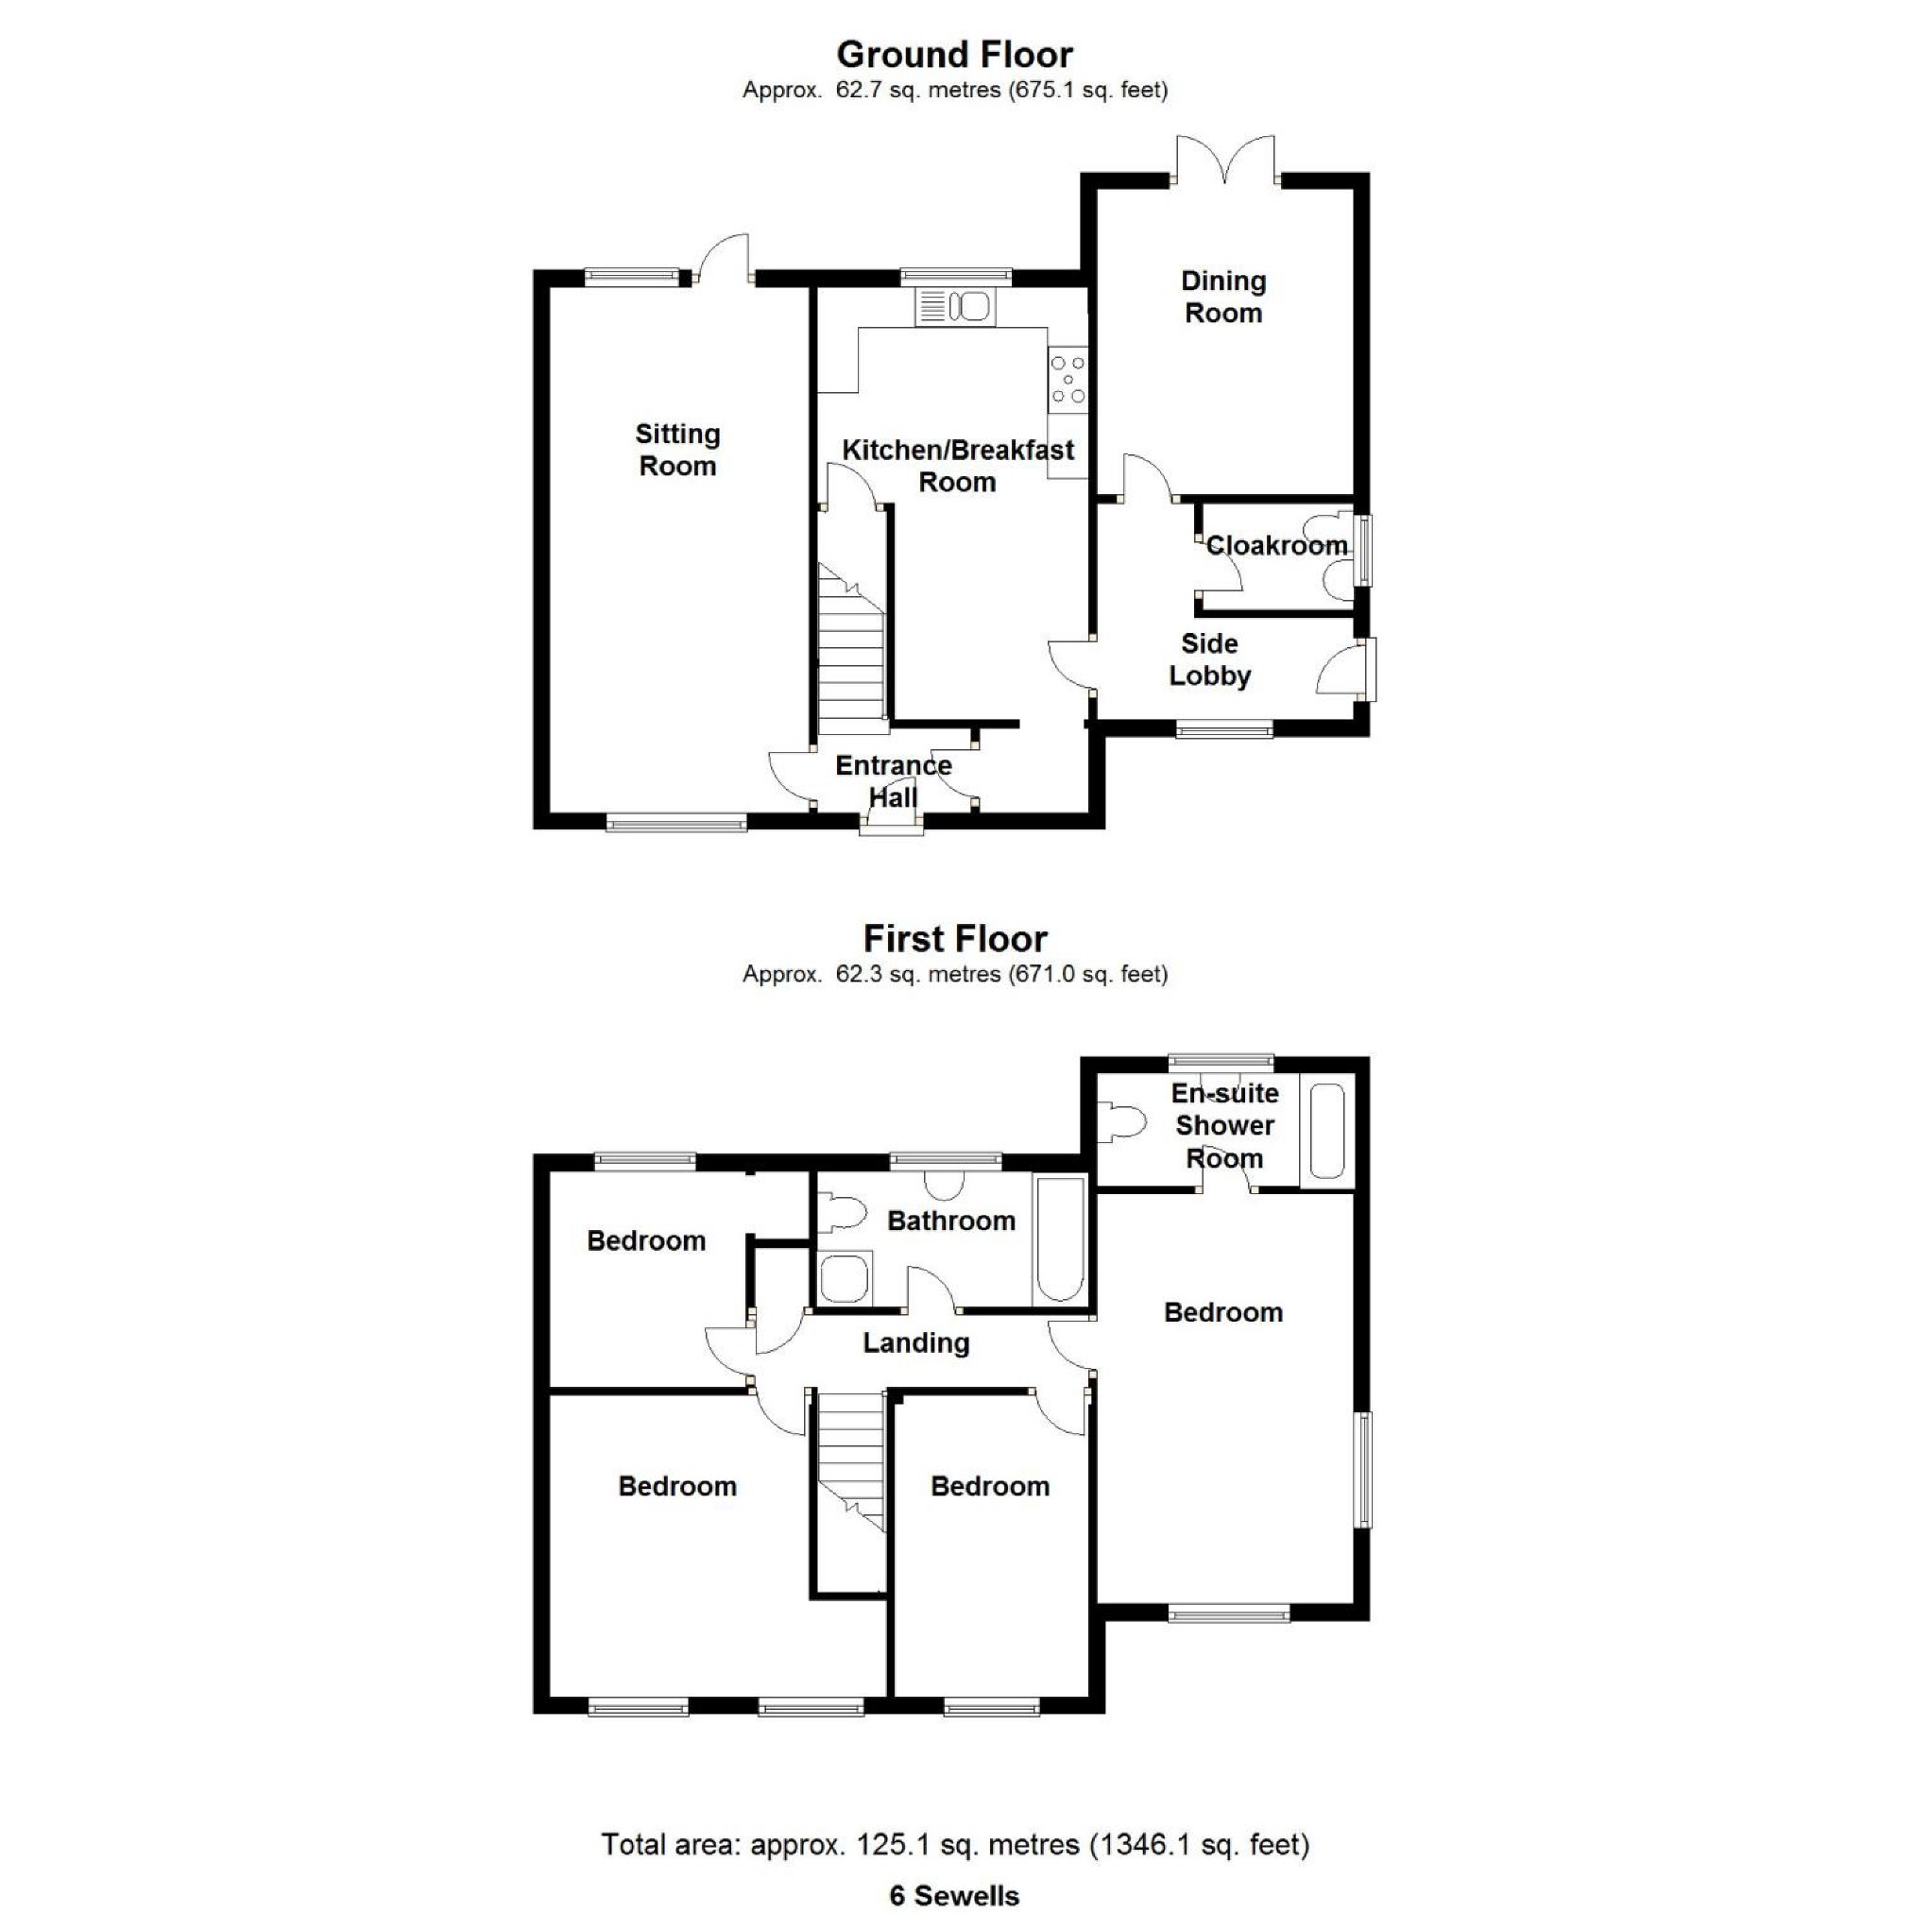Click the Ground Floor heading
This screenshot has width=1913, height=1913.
[x=954, y=55]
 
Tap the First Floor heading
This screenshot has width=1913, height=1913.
[x=954, y=938]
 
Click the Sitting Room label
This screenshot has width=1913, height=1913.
[x=677, y=450]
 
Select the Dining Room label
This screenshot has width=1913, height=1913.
[x=1222, y=296]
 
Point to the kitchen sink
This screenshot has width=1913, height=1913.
[x=954, y=307]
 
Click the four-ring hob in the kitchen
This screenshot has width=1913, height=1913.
[x=1068, y=379]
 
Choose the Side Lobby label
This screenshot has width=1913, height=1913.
[x=1209, y=659]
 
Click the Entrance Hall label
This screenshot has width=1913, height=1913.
[x=893, y=781]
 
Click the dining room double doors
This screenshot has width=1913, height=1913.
[x=1225, y=159]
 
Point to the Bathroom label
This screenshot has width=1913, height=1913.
[x=950, y=1220]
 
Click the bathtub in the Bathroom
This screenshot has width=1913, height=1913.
[x=1058, y=1238]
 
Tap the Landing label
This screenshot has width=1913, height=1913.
[x=916, y=1342]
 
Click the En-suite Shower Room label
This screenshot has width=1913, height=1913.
[x=1225, y=1125]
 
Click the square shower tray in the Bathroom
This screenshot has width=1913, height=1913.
[x=845, y=1277]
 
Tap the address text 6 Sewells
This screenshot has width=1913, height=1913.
[x=954, y=1895]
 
